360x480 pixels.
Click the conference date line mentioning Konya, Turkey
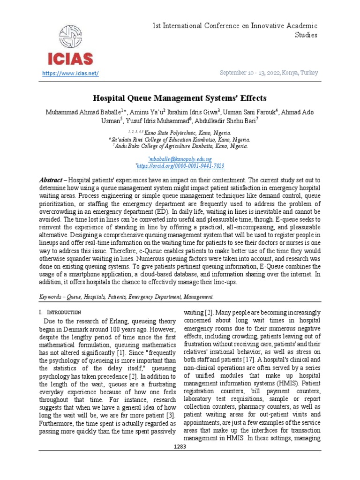pos(269,73)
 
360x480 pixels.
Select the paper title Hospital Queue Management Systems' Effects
pos(180,98)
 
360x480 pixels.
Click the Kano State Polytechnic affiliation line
pos(180,133)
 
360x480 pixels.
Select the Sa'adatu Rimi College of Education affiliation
pos(180,140)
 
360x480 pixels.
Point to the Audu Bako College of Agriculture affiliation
pos(180,146)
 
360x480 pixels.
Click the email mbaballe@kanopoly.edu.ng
pos(180,159)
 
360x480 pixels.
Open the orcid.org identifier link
pos(180,166)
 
